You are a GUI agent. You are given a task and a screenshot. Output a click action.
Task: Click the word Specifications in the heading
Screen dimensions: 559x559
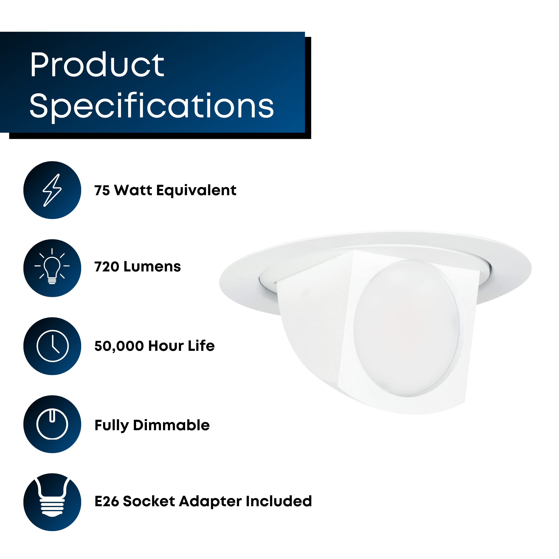point(151,106)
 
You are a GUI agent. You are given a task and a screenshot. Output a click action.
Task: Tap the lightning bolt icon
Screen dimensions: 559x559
point(52,190)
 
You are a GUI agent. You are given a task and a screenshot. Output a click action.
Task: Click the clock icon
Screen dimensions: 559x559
point(52,346)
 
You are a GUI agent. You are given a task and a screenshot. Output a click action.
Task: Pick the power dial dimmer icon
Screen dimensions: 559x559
point(52,424)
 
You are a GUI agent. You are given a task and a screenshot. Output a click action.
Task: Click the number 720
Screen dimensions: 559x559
point(106,267)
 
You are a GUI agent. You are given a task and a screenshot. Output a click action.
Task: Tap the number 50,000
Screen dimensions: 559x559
point(119,346)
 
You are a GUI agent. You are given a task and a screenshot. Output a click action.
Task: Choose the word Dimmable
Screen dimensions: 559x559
point(171,425)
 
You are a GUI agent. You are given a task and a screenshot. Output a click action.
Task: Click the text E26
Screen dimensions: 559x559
point(106,501)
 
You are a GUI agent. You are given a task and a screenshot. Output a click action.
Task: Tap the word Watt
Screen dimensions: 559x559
point(133,190)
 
